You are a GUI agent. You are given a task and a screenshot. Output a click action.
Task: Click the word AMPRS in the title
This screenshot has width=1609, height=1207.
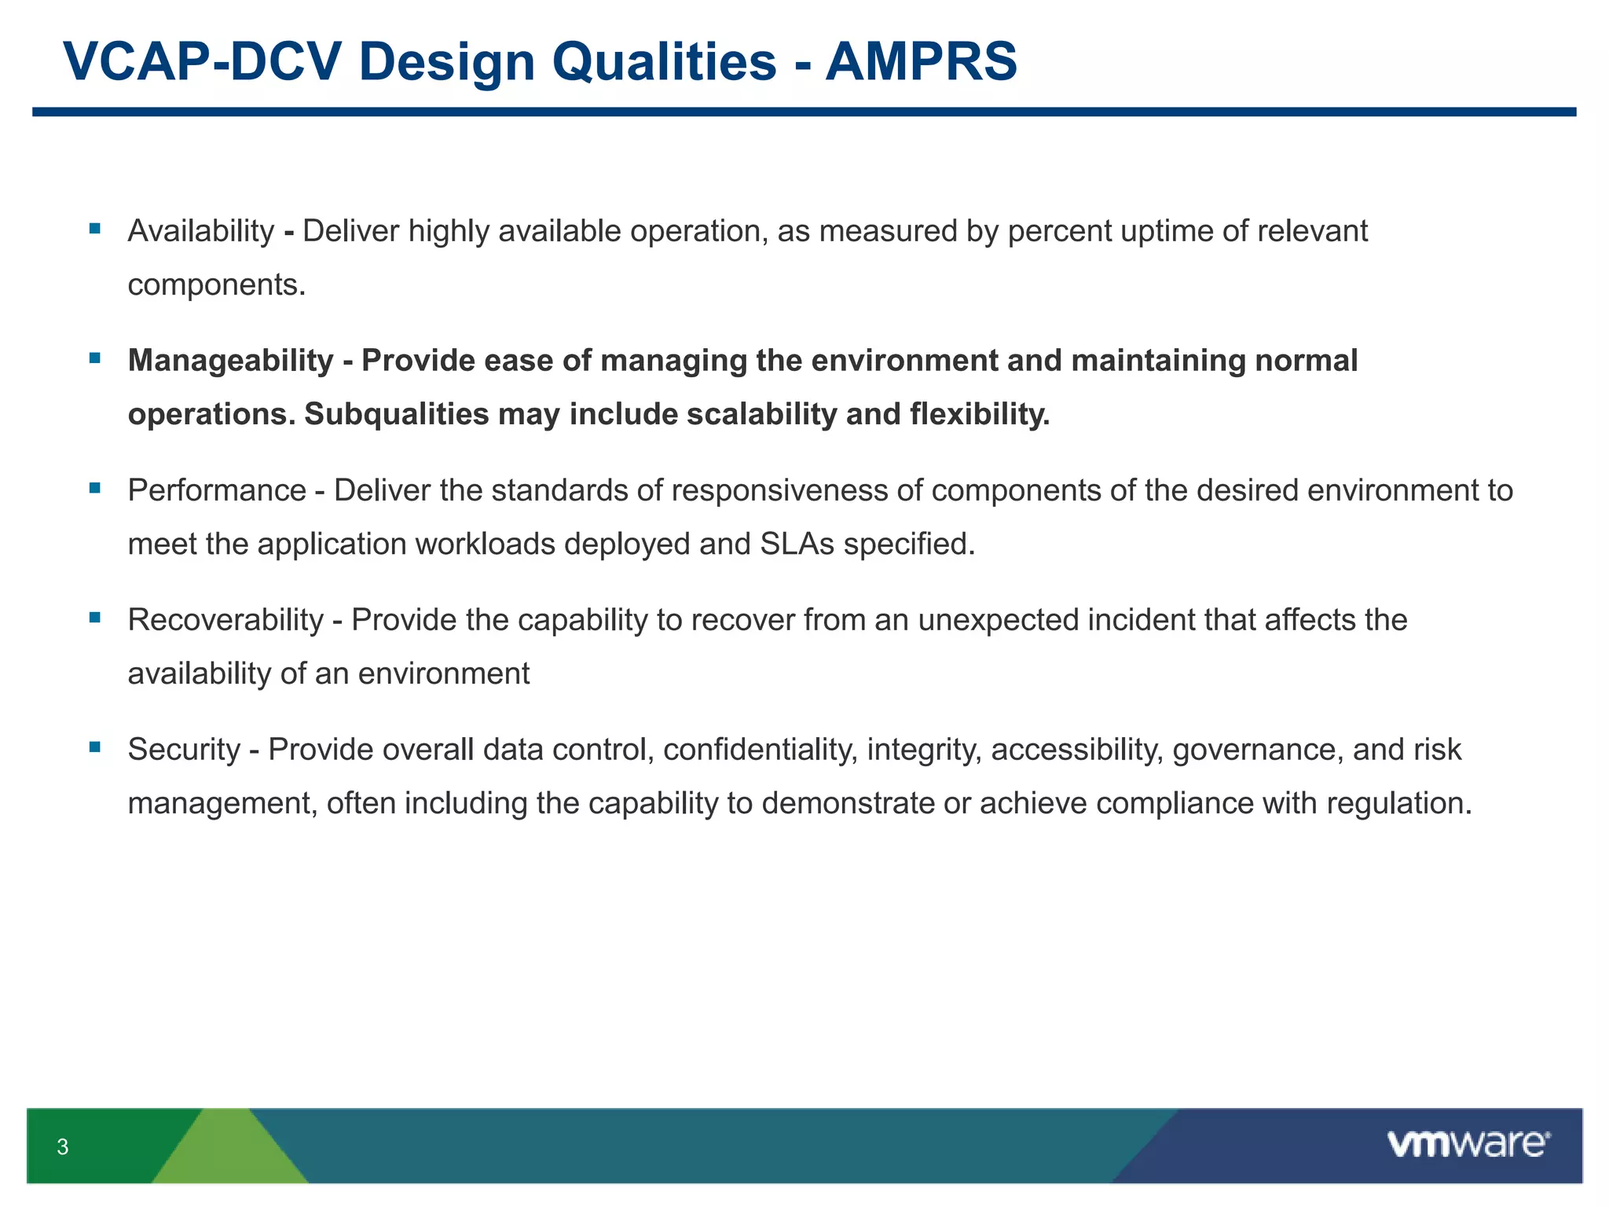pyautogui.click(x=921, y=61)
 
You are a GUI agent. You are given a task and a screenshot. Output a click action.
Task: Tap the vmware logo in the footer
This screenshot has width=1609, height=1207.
pyautogui.click(x=1468, y=1144)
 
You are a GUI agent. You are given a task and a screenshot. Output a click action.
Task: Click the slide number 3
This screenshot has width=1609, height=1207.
pyautogui.click(x=63, y=1147)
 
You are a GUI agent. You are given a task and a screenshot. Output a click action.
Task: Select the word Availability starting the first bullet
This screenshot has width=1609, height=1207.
pyautogui.click(x=201, y=231)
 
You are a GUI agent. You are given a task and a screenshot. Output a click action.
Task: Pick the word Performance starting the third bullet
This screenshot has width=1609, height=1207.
pyautogui.click(x=217, y=490)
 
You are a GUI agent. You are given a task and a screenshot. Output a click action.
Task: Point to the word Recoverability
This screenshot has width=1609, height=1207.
pyautogui.click(x=225, y=620)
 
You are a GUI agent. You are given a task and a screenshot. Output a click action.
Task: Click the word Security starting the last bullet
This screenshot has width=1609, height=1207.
pyautogui.click(x=184, y=750)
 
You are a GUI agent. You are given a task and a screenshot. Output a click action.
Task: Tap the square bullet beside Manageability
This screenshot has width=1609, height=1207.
pyautogui.click(x=95, y=358)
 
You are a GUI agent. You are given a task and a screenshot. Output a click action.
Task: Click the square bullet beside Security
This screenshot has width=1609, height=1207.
pyautogui.click(x=95, y=747)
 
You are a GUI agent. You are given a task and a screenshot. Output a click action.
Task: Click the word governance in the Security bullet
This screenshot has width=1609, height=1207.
pyautogui.click(x=1257, y=750)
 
